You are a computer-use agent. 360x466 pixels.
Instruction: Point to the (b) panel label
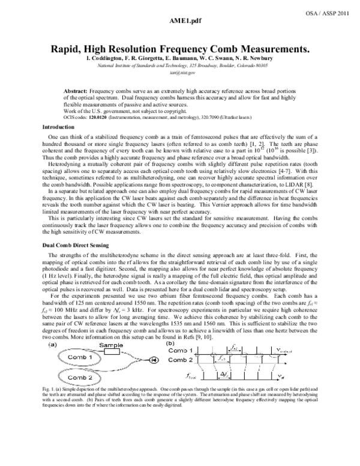coord(170,362)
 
